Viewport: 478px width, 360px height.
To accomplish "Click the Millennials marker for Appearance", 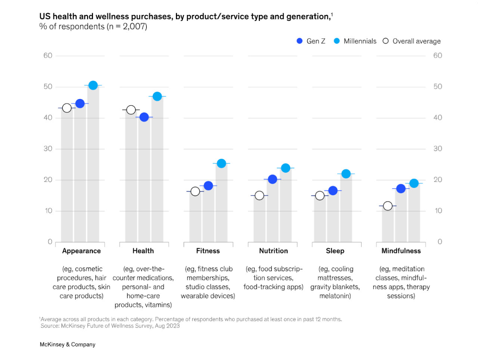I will [93, 86].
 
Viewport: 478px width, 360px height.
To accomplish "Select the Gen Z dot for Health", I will [144, 117].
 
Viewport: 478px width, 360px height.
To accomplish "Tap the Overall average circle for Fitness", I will [195, 192].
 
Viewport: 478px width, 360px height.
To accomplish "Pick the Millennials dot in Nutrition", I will [286, 168].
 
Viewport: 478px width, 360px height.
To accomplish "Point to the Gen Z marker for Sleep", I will [333, 191].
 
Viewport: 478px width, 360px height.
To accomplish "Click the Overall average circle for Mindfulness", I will [388, 206].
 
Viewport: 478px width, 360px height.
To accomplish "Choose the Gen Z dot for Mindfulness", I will [401, 189].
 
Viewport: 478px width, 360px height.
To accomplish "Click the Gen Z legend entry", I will [311, 41].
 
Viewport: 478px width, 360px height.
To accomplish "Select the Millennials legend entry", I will [355, 41].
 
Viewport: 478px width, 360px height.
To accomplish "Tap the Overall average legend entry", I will [412, 41].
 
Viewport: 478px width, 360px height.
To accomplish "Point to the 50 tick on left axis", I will [48, 87].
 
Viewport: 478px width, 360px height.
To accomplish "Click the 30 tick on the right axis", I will [438, 149].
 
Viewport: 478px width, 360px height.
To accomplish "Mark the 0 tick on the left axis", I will [50, 242].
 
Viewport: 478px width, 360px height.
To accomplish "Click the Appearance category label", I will [81, 251].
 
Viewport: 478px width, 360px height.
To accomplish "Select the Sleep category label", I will [335, 251].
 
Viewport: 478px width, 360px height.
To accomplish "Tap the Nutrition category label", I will [273, 251].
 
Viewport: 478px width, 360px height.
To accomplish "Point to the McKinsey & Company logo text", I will [68, 344].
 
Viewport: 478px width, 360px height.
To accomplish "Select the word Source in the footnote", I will [50, 326].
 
